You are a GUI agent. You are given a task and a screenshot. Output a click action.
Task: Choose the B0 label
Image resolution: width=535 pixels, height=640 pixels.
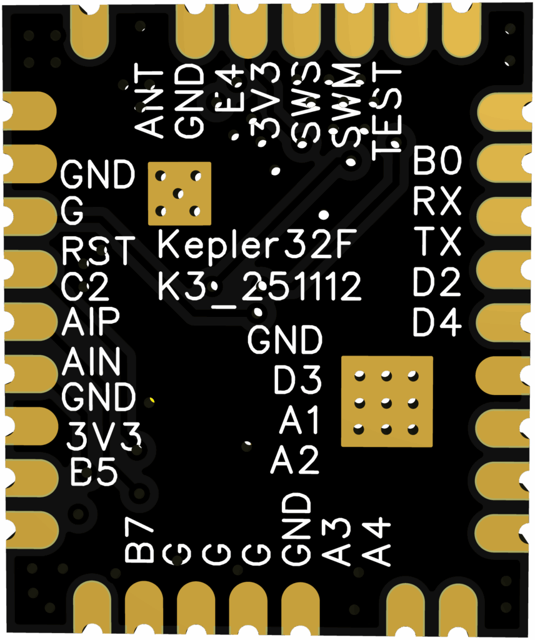coord(437,162)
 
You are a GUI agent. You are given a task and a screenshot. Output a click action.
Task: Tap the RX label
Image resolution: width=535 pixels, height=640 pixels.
coord(437,202)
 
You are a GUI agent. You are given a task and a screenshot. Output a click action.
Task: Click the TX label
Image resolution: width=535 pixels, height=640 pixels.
coord(437,242)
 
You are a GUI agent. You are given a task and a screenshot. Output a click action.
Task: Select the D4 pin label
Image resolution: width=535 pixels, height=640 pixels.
coord(437,322)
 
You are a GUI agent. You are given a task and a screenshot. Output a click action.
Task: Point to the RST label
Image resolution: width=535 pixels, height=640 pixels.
coord(99,251)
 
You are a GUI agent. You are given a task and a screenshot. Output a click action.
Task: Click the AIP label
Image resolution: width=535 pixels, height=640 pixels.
coord(91,322)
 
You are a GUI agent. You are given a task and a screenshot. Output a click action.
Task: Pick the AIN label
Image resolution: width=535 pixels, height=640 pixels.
coord(91,362)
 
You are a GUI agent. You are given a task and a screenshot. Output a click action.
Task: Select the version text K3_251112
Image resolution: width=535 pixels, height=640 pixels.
coord(259,287)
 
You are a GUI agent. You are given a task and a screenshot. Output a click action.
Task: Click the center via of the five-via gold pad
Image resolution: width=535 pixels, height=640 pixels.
coord(179,193)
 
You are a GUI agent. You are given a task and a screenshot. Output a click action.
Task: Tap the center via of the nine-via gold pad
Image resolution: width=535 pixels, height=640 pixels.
coord(386,402)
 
